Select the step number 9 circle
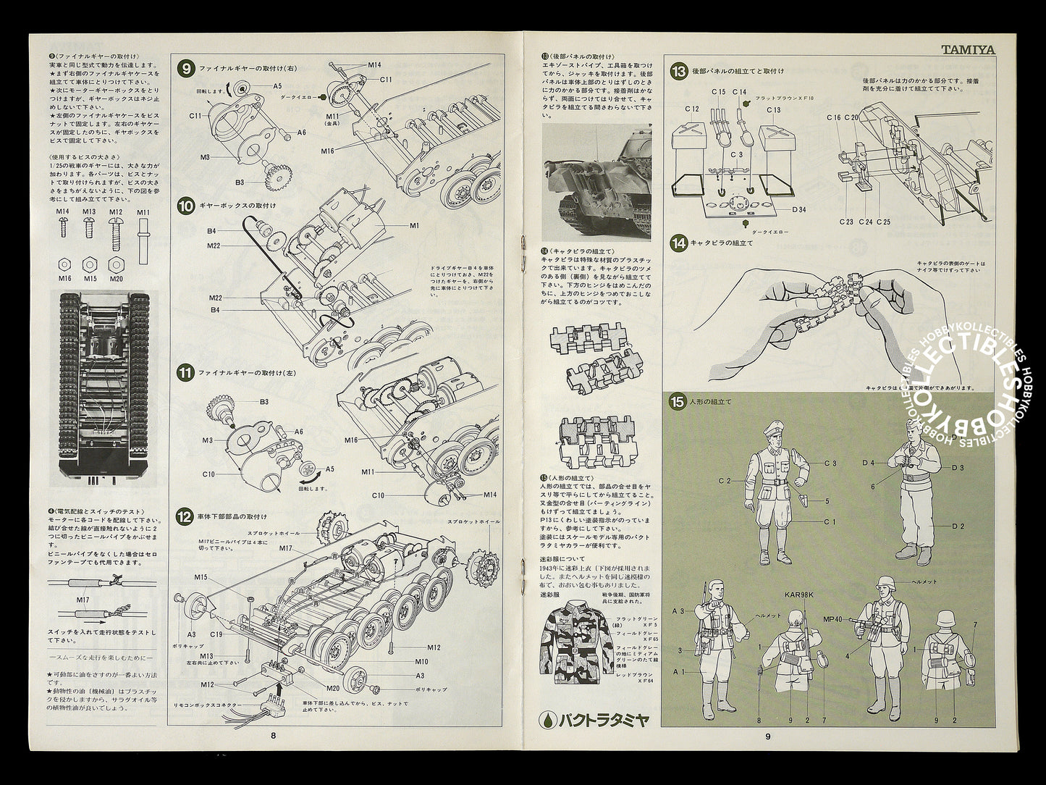click(185, 69)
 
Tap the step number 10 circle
click(185, 206)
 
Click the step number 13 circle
click(678, 71)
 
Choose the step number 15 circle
click(678, 402)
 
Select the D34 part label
click(778, 209)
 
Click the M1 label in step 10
click(414, 225)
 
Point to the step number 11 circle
click(185, 374)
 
